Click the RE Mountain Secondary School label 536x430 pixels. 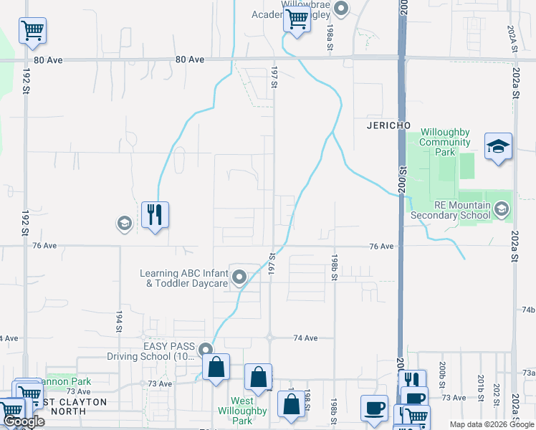(x=451, y=210)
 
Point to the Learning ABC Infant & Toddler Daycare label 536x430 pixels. (x=184, y=278)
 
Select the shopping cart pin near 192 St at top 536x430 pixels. (x=32, y=32)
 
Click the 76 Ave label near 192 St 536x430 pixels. (x=44, y=246)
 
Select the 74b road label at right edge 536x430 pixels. (x=528, y=309)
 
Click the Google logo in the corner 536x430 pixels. (x=24, y=421)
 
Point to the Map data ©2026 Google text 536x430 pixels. (x=491, y=424)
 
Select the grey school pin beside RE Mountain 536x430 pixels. (x=501, y=209)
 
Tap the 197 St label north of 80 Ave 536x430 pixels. (x=274, y=77)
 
